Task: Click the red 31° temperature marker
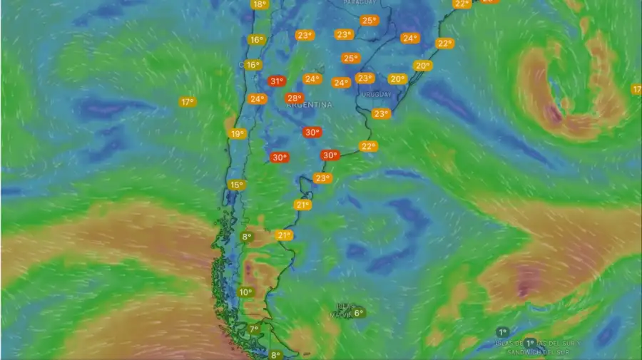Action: click(277, 82)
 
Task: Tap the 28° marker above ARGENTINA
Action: click(294, 98)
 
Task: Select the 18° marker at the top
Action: click(259, 4)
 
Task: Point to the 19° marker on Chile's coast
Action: click(237, 134)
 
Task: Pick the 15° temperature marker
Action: click(236, 185)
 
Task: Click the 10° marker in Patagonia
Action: click(245, 292)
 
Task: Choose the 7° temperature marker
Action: click(254, 329)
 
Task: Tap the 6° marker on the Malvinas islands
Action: click(358, 312)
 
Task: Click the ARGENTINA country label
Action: click(309, 105)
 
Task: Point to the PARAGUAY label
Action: click(359, 3)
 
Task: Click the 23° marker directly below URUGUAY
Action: click(381, 113)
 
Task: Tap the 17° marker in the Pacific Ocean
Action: click(187, 102)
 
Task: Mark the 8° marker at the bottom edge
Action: click(275, 355)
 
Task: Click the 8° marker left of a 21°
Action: click(247, 237)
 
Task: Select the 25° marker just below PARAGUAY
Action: click(369, 21)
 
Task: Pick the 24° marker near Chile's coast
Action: click(257, 99)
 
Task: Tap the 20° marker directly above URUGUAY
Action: click(397, 79)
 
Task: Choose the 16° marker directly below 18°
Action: click(255, 40)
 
